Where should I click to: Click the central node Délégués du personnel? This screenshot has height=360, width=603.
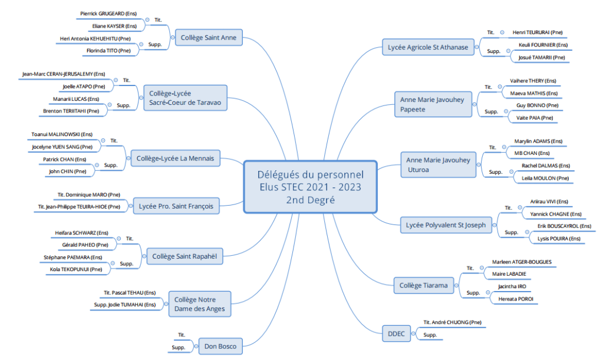coord(310,187)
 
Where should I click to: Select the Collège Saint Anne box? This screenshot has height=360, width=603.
coord(208,38)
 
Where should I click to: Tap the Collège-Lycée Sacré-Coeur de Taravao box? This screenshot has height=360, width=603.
coord(184,98)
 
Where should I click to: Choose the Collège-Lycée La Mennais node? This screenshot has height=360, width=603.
coord(175,158)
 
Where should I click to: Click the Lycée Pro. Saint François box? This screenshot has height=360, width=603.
coord(176,206)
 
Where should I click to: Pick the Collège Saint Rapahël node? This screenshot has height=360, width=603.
coord(184,256)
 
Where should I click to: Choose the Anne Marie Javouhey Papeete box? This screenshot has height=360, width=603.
coord(432,104)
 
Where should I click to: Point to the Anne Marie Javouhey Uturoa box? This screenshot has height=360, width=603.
coord(439,164)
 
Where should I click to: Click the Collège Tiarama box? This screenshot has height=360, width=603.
coord(423,286)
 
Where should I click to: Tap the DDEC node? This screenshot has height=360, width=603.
coord(396,334)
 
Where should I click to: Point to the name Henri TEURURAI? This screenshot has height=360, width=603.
coord(537,32)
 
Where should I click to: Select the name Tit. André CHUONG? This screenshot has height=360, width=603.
coord(453,322)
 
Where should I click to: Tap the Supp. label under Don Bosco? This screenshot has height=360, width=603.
coord(179,348)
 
